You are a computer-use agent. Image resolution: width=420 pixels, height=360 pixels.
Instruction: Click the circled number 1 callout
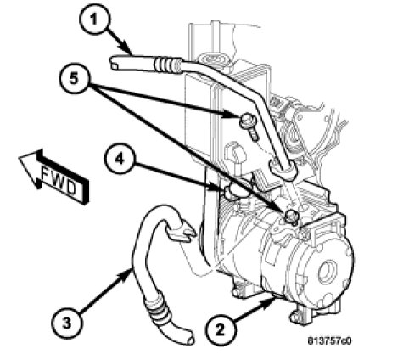(93, 20)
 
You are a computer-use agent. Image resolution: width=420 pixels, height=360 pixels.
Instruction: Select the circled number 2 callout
(221, 329)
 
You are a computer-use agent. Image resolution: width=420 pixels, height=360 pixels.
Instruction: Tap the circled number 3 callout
(67, 323)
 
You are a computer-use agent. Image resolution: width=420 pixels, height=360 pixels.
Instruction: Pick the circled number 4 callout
(119, 160)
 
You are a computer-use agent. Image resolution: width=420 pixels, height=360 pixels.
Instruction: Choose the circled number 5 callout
(74, 78)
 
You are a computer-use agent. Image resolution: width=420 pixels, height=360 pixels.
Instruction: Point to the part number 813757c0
(329, 341)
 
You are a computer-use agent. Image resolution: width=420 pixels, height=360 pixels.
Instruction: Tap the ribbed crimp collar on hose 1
(167, 64)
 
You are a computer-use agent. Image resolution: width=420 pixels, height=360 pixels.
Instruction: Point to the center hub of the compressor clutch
(328, 273)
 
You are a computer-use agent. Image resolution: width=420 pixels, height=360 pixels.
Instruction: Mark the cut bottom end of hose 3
(188, 338)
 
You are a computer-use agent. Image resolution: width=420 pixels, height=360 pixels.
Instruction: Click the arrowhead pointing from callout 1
(128, 49)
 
